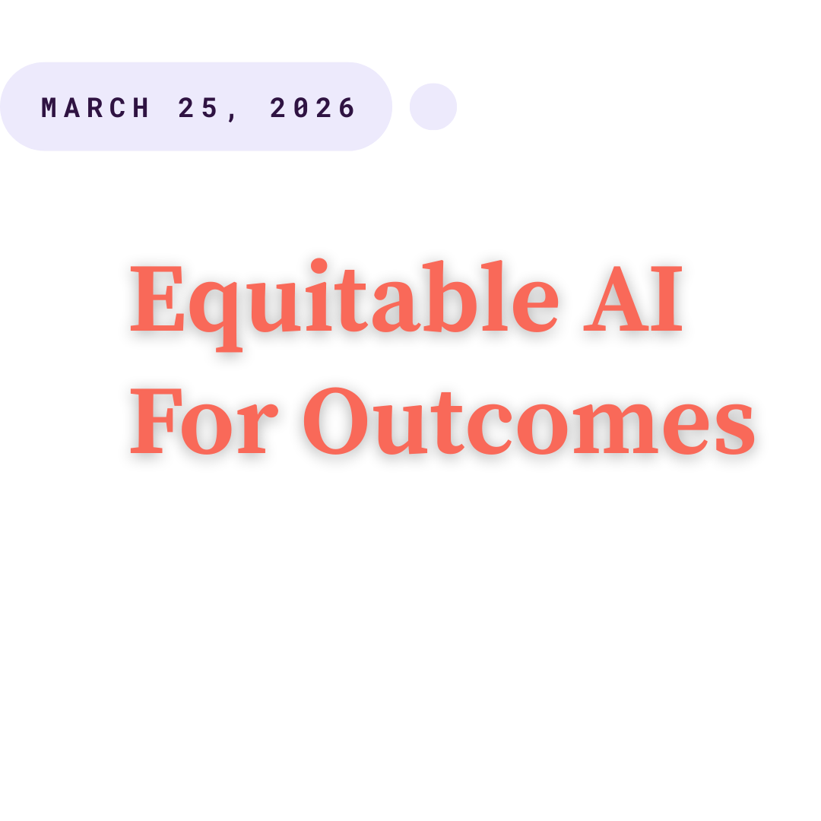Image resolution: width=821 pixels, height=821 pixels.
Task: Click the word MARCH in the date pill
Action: click(x=96, y=108)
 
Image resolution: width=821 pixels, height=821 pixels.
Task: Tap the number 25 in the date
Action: click(x=198, y=108)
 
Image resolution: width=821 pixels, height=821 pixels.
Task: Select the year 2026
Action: click(x=312, y=108)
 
